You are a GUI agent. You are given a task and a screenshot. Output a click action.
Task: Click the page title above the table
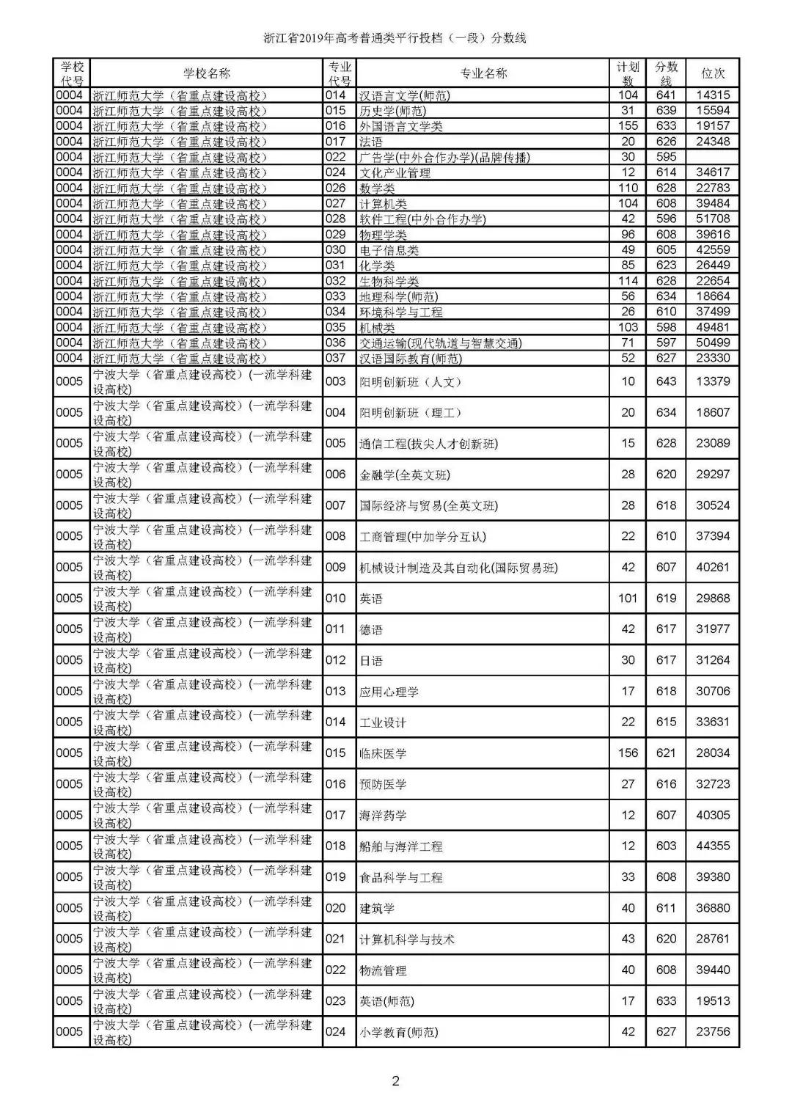tap(395, 38)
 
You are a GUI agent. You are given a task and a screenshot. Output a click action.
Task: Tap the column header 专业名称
tap(483, 73)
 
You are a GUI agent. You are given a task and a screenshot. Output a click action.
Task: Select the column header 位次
tap(713, 73)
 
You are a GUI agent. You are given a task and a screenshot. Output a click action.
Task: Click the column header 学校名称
tap(207, 73)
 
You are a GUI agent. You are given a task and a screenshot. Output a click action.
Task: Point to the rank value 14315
tap(713, 95)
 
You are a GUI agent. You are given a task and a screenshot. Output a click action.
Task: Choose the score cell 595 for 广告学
tap(666, 157)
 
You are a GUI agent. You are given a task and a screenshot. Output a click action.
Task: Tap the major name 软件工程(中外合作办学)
tap(422, 219)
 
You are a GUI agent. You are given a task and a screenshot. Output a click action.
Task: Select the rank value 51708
tap(713, 219)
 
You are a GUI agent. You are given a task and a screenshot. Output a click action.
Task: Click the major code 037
tap(336, 358)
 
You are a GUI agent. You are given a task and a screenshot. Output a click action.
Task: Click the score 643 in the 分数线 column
tap(666, 381)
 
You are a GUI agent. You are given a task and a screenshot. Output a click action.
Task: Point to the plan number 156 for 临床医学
tap(628, 753)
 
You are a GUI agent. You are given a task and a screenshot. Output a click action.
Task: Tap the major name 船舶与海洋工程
tap(401, 846)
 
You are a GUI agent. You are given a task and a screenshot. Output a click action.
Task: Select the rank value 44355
tap(713, 846)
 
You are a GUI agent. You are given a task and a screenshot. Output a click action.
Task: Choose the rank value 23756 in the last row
tap(713, 1031)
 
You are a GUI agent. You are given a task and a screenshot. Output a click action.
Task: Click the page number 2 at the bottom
tap(396, 1080)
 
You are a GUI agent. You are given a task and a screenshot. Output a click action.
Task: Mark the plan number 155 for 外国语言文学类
tap(628, 126)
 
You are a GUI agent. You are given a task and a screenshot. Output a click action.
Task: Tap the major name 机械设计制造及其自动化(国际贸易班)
tap(458, 568)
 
